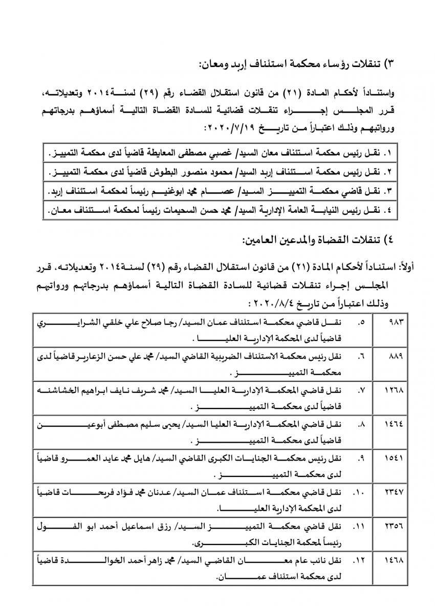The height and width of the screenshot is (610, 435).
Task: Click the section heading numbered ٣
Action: tap(297, 65)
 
